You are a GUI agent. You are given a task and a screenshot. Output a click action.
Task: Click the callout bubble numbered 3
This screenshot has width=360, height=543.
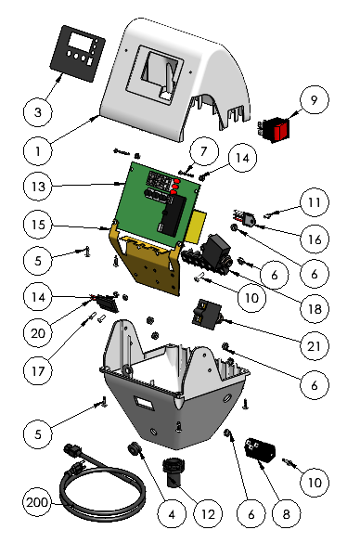[38, 112]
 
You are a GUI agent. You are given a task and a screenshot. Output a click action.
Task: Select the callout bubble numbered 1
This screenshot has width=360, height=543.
[38, 151]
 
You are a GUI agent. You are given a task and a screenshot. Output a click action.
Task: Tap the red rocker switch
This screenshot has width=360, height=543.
[273, 131]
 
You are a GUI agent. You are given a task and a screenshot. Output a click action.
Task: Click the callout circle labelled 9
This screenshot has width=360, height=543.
[315, 99]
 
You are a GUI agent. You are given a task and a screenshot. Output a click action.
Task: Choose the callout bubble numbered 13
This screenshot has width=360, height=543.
[38, 187]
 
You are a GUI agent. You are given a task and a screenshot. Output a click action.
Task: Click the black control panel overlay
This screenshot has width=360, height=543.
[78, 54]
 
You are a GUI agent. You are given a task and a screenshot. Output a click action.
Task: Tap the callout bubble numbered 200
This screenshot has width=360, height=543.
[37, 502]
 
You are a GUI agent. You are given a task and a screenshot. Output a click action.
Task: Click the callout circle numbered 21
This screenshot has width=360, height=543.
[315, 346]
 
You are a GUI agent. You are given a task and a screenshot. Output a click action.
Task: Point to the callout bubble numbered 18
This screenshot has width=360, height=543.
[315, 308]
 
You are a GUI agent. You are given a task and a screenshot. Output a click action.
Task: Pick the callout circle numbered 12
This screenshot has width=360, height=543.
[208, 514]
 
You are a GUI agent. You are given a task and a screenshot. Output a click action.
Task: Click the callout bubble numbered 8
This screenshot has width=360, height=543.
[287, 514]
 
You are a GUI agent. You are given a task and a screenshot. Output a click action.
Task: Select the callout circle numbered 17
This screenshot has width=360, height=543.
[38, 371]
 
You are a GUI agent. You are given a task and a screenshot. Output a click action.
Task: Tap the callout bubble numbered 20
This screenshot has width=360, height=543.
[38, 333]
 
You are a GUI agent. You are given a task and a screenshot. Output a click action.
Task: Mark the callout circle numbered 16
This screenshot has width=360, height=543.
[315, 239]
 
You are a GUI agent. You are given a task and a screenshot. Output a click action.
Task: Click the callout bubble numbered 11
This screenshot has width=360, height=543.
[315, 202]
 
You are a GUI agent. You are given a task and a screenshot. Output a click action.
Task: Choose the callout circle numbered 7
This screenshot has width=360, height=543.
[204, 151]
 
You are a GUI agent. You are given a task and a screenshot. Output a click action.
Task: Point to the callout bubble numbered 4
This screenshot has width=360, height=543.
[172, 514]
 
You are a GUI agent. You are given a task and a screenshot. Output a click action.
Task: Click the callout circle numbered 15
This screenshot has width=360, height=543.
[38, 225]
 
